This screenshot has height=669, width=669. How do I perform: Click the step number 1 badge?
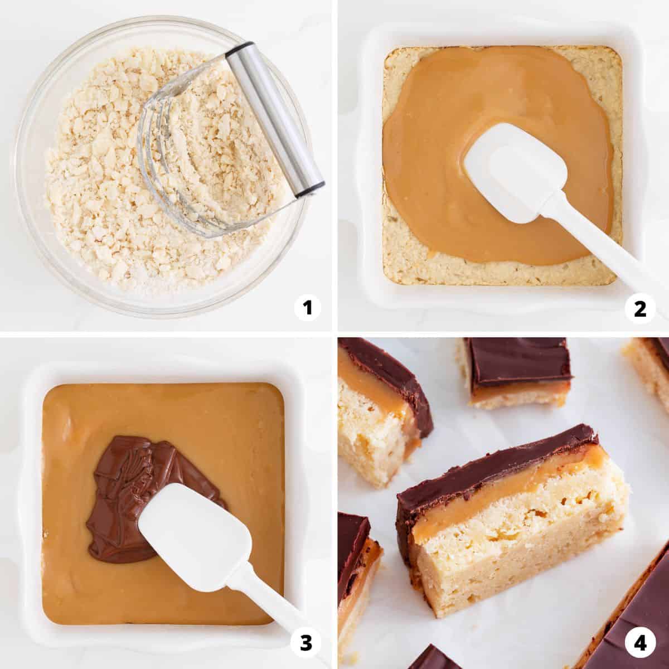[x=307, y=308]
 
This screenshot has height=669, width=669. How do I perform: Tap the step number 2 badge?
[x=639, y=309]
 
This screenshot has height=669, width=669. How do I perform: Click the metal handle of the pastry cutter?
[x=274, y=120]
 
